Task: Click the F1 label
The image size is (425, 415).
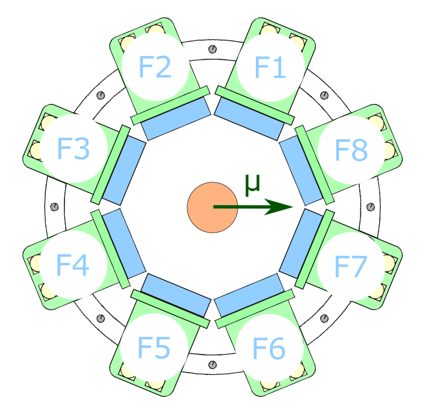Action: pos(269,68)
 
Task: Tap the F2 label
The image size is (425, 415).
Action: pos(155,68)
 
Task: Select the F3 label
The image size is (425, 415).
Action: pos(74,150)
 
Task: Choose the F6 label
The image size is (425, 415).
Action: pos(269,348)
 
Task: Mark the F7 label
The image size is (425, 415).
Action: pos(351,266)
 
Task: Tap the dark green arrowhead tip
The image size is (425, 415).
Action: pos(293,207)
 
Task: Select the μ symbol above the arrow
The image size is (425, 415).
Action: pos(252,184)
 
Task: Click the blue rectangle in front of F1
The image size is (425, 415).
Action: pos(248,119)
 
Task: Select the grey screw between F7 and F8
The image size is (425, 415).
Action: pos(371,207)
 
